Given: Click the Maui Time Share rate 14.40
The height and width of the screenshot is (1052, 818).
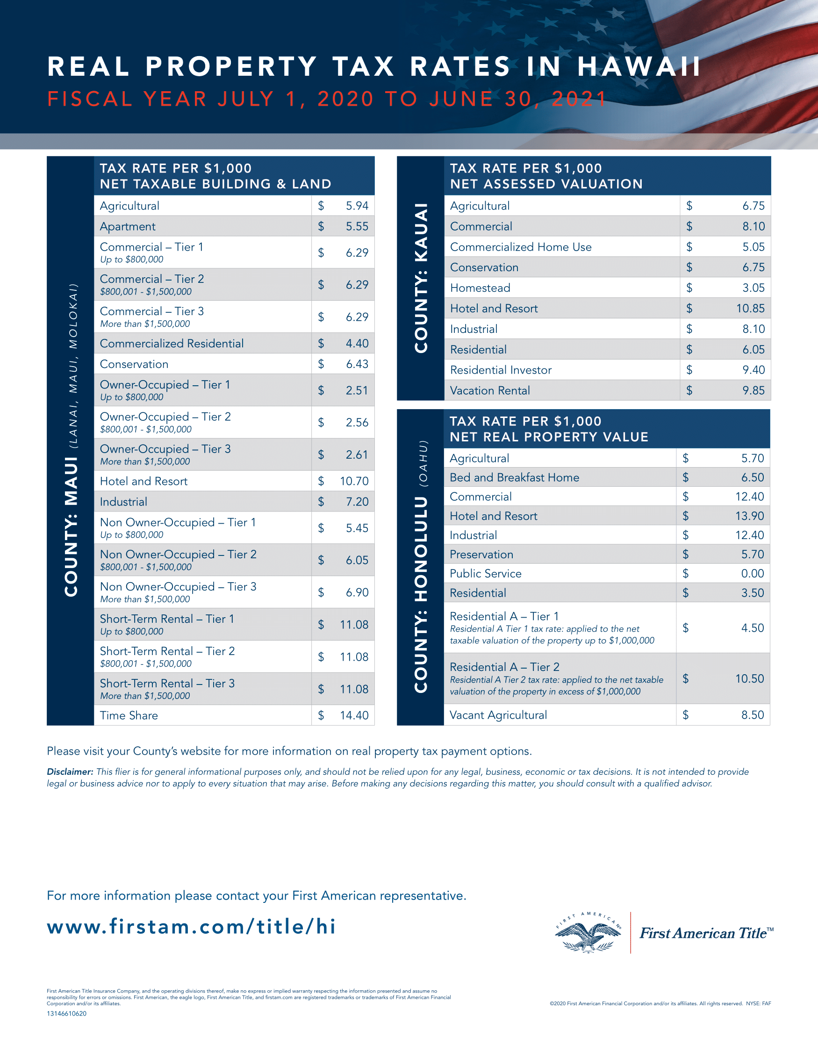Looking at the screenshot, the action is tap(354, 715).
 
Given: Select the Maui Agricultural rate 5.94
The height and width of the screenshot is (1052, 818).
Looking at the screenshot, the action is tap(357, 206).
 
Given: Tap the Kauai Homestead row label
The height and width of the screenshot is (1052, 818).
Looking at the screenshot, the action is tap(480, 288).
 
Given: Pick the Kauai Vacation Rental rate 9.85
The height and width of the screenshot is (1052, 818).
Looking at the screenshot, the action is tap(753, 391).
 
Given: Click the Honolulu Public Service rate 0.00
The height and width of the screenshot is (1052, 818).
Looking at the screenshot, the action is tap(753, 574).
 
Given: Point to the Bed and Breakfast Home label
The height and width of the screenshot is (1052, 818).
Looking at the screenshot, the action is tap(514, 477).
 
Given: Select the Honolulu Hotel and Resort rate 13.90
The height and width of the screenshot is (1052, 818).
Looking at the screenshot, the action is tap(750, 516).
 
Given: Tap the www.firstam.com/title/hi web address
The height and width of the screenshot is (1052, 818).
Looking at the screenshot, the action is tap(191, 926).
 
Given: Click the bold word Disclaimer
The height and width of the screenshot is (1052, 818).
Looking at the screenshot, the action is tap(70, 771).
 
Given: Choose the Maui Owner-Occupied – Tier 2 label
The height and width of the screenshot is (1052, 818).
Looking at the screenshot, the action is tap(165, 417).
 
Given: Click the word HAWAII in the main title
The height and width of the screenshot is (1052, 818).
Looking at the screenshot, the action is tap(639, 66).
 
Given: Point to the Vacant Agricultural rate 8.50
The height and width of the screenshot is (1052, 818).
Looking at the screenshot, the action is tap(753, 715).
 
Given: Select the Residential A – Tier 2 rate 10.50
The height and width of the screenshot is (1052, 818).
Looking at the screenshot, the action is tap(750, 679).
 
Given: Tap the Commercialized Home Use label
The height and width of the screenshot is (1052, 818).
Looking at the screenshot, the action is tap(521, 247).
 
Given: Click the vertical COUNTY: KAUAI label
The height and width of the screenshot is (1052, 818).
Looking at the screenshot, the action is tap(421, 278).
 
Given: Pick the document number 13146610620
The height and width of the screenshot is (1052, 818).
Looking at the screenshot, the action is tap(66, 1014).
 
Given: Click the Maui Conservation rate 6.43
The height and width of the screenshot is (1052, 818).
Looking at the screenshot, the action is tap(357, 364).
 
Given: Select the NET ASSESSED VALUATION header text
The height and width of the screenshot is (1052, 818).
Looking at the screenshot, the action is tap(546, 184).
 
